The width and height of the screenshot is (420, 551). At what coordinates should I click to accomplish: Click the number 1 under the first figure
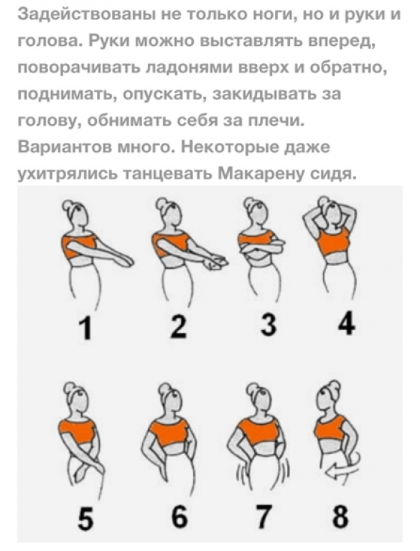(86, 327)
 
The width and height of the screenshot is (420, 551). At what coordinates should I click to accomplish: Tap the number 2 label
(178, 326)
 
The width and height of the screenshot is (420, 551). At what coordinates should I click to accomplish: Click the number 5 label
(86, 517)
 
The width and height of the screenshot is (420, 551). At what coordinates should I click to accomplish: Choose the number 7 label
(263, 517)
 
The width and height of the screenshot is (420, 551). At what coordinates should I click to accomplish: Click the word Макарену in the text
(261, 173)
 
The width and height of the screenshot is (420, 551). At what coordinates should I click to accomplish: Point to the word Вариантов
(63, 147)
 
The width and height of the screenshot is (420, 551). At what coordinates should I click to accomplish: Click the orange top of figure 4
(333, 242)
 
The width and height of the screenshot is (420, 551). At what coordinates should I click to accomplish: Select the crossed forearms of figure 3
(262, 248)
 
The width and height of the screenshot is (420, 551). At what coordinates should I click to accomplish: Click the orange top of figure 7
(259, 431)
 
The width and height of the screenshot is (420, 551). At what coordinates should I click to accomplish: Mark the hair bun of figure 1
(68, 206)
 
